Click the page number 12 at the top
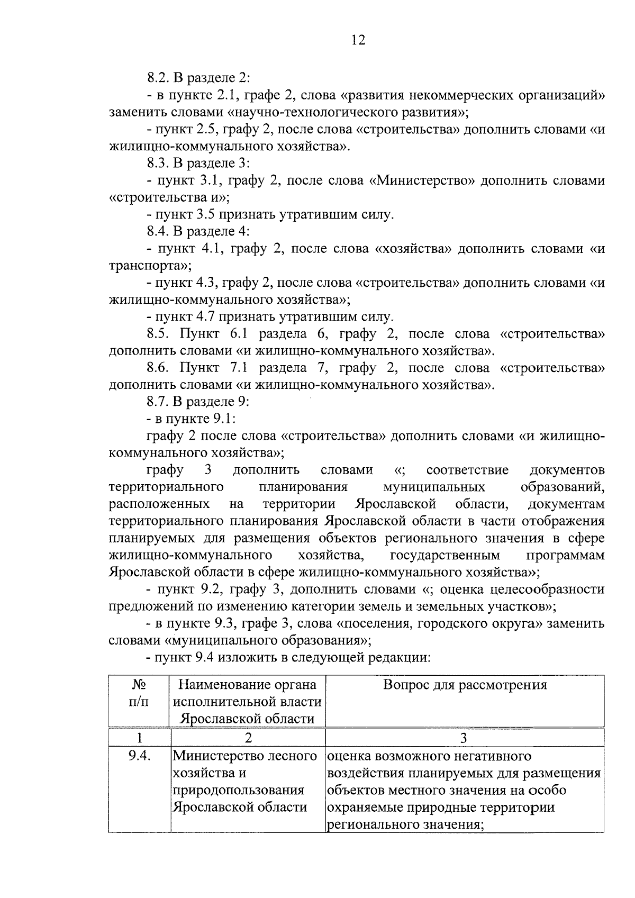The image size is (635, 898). tap(358, 40)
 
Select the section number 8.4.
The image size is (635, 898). tap(158, 232)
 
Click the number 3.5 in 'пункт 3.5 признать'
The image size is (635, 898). tap(212, 215)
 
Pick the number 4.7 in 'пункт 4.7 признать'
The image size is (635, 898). tap(212, 318)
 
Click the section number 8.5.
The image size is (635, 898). tap(158, 334)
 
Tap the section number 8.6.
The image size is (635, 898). tap(158, 368)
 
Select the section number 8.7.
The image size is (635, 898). tap(158, 402)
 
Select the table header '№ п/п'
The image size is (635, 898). tap(139, 694)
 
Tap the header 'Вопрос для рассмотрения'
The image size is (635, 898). tap(465, 686)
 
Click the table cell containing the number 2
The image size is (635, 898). tap(248, 738)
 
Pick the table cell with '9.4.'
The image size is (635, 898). tap(140, 756)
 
